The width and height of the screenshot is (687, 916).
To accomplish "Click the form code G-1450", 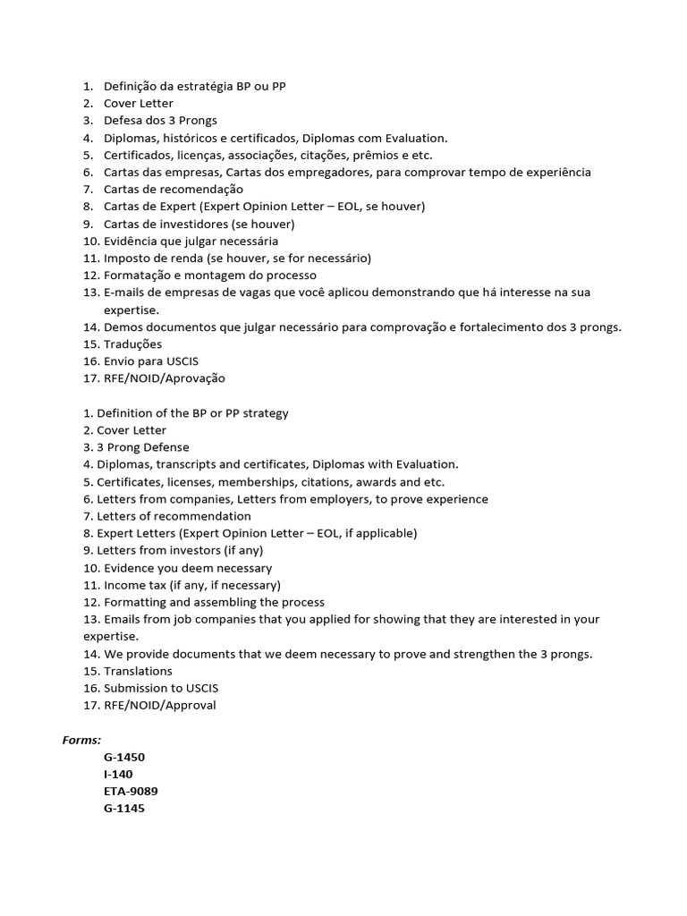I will click(123, 757).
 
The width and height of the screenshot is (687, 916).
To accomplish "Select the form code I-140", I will click(118, 774).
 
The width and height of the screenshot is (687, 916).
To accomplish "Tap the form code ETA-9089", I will click(131, 791).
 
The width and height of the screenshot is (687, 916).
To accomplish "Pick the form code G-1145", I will click(123, 808).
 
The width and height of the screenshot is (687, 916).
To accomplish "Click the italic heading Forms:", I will click(81, 740).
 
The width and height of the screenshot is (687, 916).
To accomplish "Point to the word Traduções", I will click(132, 343).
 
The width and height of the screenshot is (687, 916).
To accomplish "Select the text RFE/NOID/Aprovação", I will click(165, 378).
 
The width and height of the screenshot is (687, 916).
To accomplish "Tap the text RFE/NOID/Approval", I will click(160, 705).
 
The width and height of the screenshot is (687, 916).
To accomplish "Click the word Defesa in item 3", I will click(122, 120).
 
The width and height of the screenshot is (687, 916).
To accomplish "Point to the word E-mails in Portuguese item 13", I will click(123, 293).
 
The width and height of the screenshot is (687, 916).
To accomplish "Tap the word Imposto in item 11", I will click(128, 258).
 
